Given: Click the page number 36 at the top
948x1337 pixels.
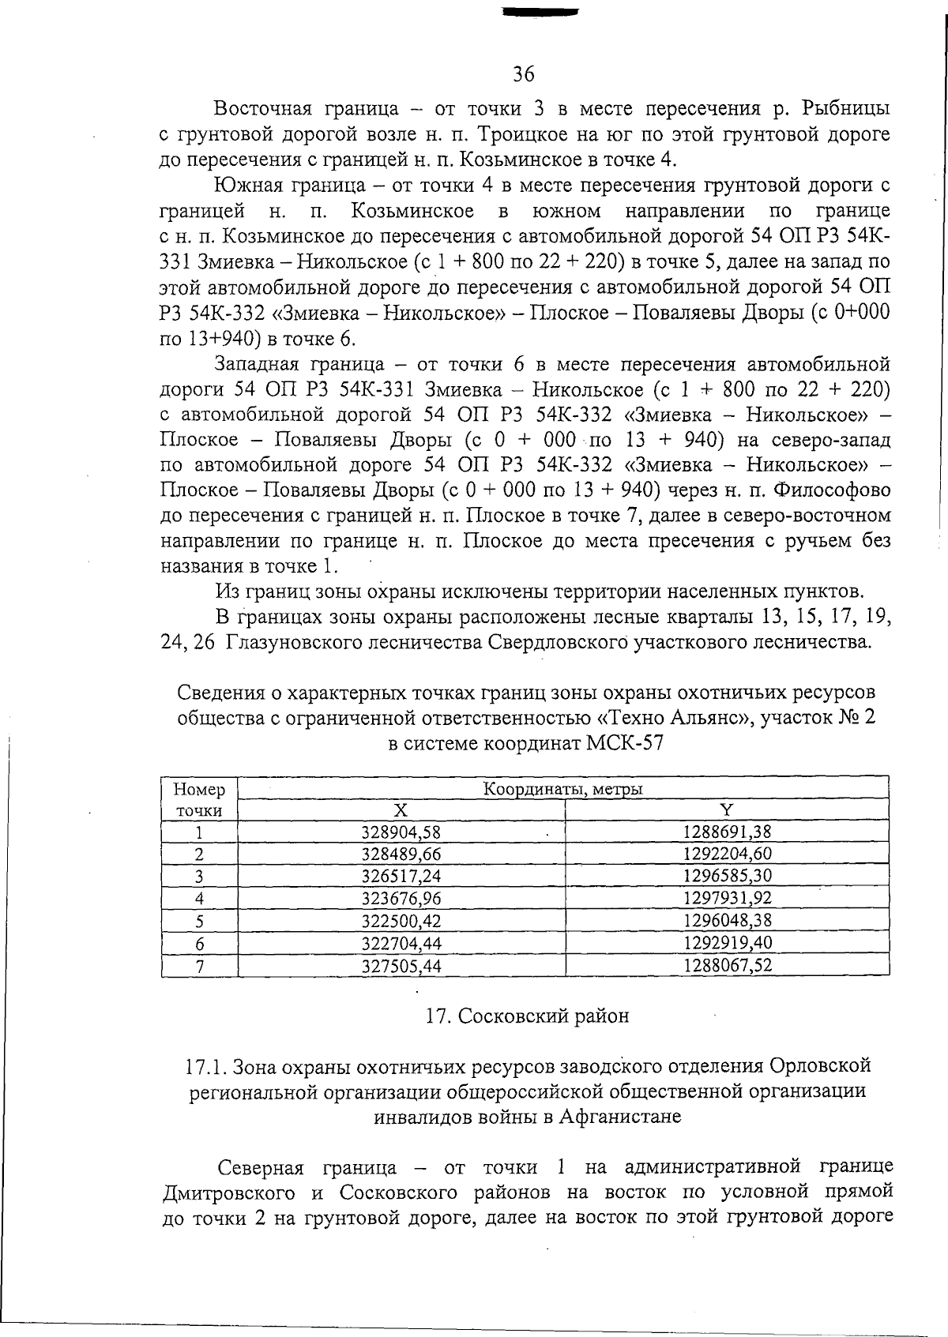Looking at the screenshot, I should tap(523, 74).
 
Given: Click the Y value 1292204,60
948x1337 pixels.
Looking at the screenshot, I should tap(727, 854).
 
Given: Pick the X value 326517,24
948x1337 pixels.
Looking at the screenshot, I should tap(401, 876).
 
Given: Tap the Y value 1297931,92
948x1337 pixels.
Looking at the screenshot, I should tap(727, 898).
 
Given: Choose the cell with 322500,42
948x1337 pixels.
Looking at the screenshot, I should tap(401, 921).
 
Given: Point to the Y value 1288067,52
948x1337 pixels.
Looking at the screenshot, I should tap(727, 966).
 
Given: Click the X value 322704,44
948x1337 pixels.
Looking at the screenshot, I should tap(401, 943).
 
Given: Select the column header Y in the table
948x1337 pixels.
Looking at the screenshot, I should tap(727, 809).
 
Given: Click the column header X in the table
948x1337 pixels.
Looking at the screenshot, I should tap(401, 809).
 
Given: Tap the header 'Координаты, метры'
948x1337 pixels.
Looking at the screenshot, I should tap(562, 789).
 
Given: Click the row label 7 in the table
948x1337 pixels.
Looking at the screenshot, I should tap(199, 966).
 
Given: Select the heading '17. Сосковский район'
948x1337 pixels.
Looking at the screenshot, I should tap(527, 1016).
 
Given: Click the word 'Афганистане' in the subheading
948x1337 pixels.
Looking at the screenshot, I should tap(620, 1117).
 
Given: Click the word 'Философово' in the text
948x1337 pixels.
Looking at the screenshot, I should tap(832, 490).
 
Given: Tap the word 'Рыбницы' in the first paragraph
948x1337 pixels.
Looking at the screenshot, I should tap(845, 108).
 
